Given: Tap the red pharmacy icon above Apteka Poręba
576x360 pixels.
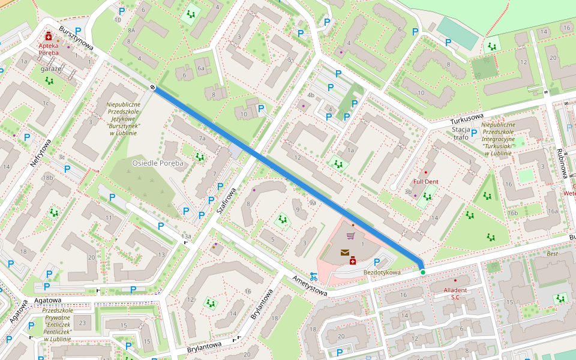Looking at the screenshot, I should [x=49, y=36].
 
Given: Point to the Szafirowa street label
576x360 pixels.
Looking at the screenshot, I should [x=227, y=201].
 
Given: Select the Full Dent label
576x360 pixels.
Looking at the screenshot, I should [x=425, y=181].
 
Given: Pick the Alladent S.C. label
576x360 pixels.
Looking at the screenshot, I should [x=455, y=293].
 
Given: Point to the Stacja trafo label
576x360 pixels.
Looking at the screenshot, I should [x=461, y=133].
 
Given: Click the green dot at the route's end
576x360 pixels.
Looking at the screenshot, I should [x=422, y=272].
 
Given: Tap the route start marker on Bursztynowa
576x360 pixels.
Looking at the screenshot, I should [x=154, y=88].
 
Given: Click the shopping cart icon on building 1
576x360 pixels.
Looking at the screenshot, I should [x=350, y=236].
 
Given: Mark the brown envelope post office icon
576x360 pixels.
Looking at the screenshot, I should [x=345, y=253].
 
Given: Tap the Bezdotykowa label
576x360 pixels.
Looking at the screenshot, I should [x=382, y=272].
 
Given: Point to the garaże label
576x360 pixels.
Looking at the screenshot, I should [x=51, y=69].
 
